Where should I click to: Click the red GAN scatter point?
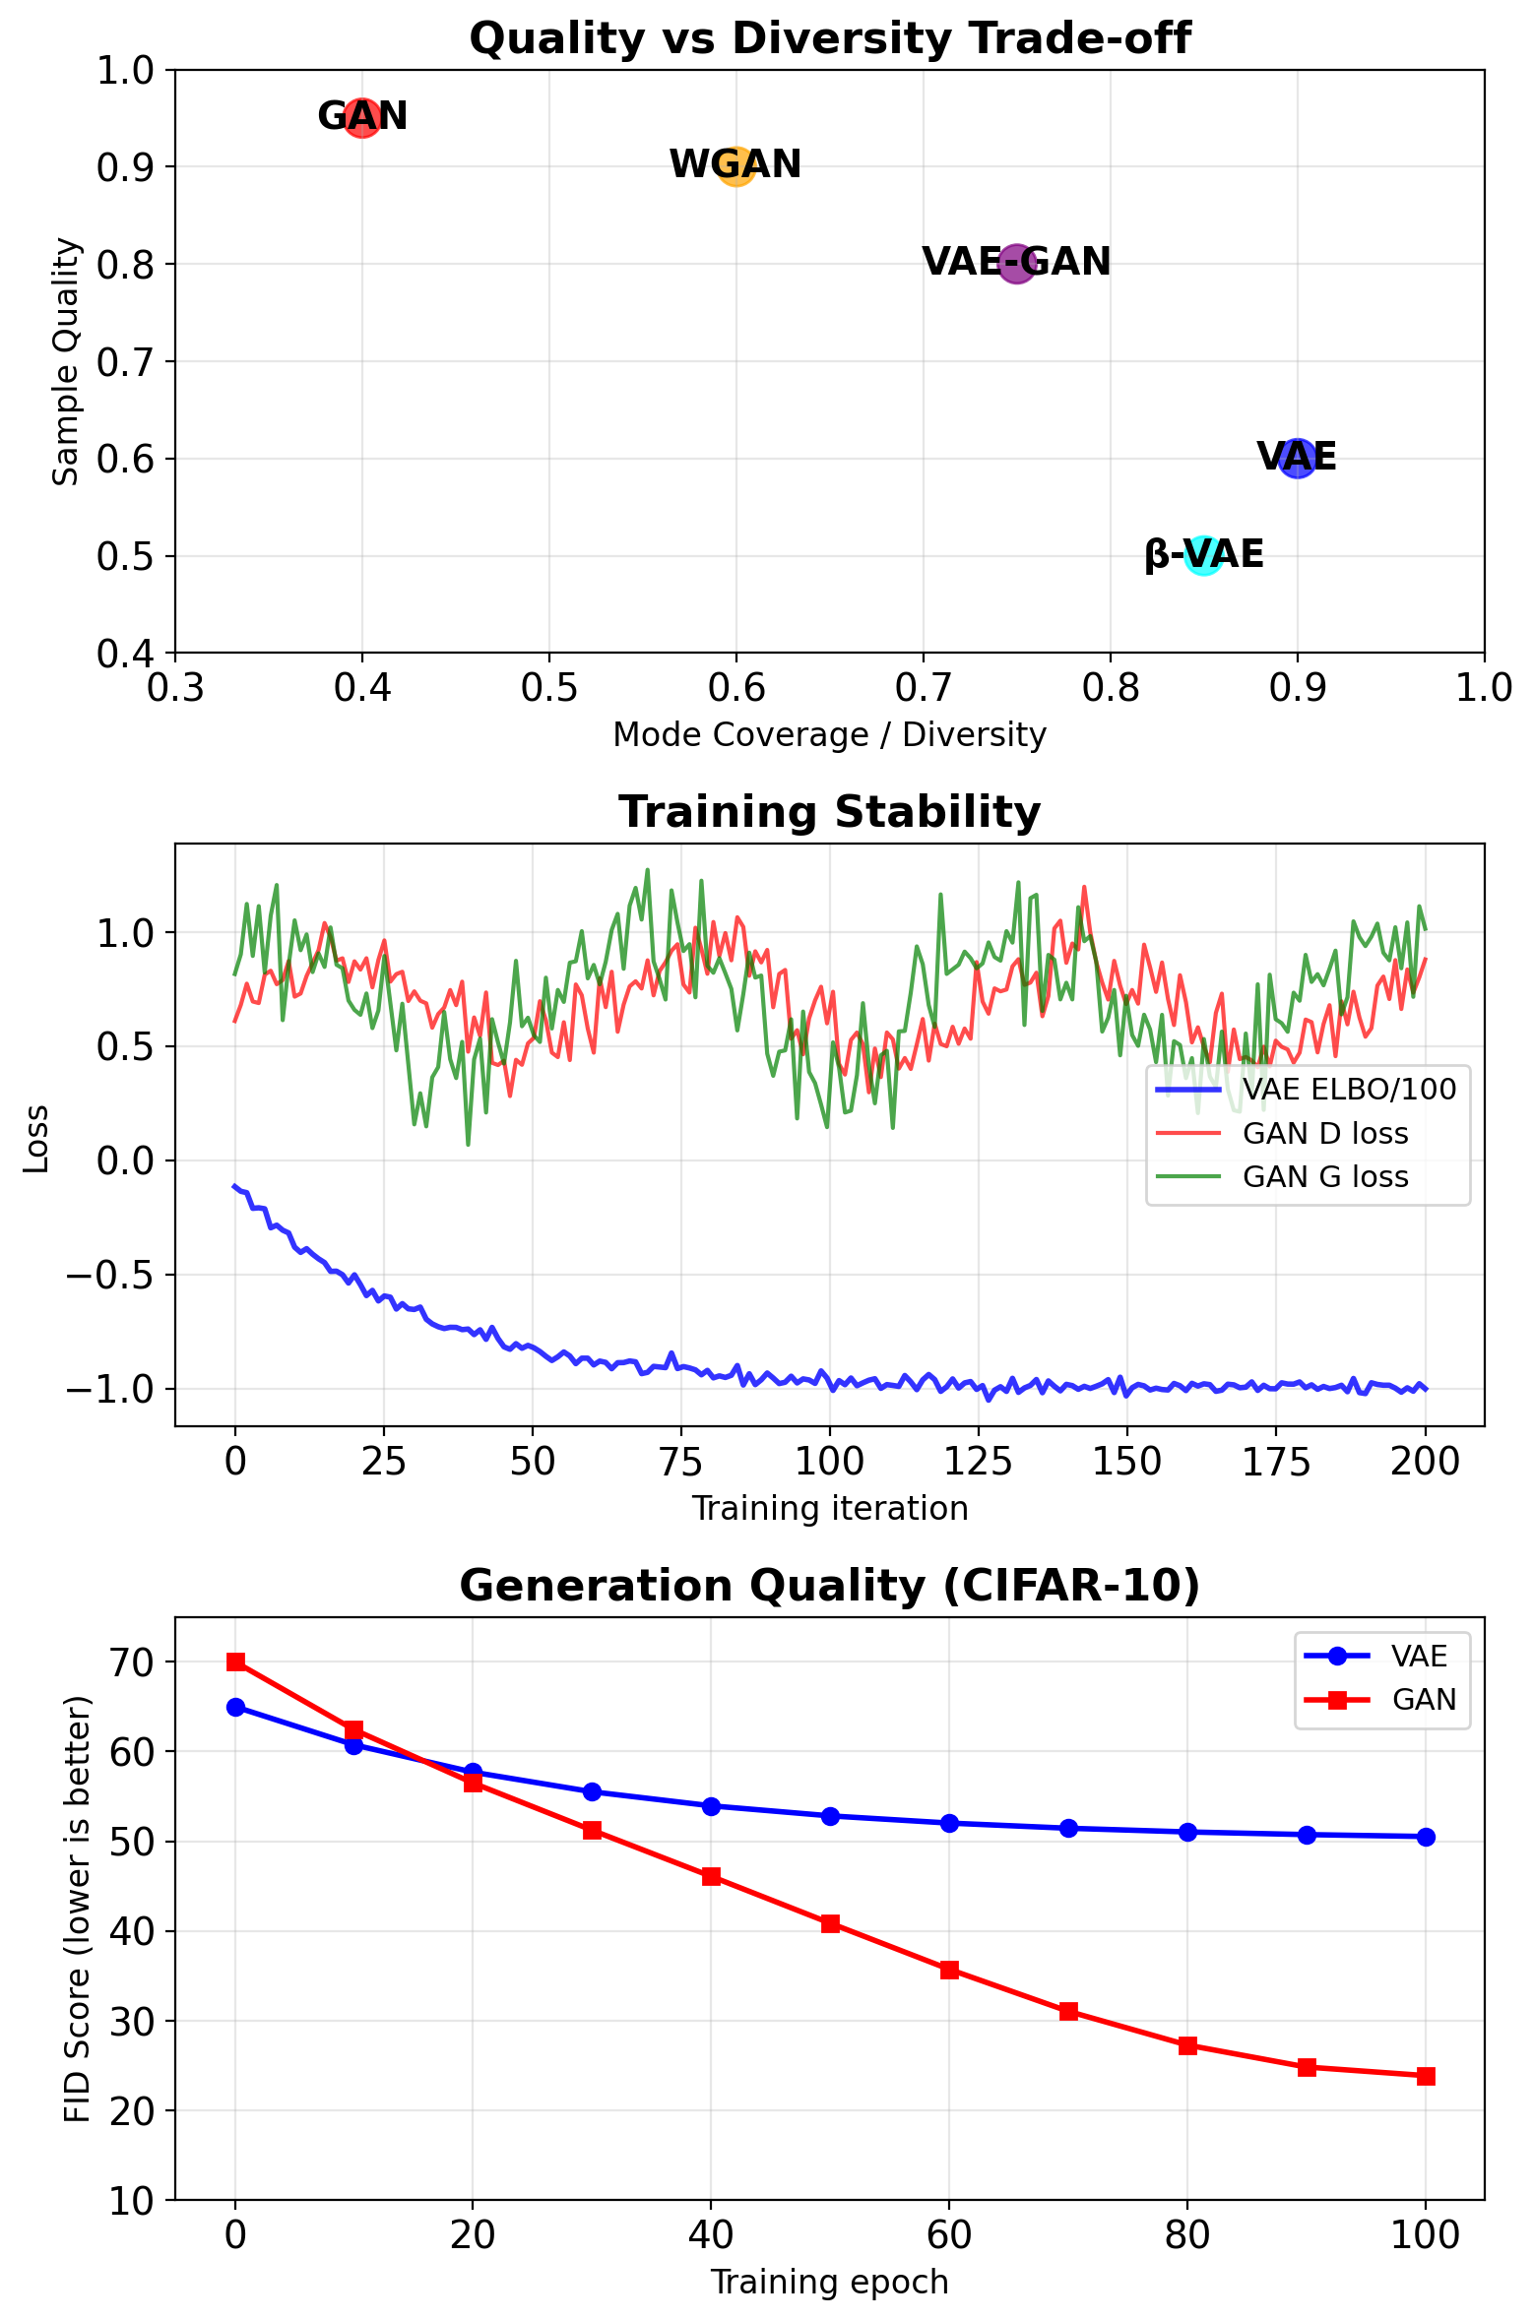click(362, 118)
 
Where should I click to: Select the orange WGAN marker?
click(736, 166)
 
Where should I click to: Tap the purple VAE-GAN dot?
click(1017, 264)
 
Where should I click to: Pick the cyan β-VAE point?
click(1203, 556)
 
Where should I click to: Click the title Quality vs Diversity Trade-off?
click(829, 39)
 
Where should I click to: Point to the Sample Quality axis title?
click(65, 361)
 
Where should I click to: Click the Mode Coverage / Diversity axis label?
click(829, 735)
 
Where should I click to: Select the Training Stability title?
click(829, 813)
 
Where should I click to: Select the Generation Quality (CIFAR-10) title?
click(829, 1587)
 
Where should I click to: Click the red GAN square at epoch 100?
click(1426, 2076)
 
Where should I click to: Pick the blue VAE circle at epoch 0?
click(235, 1707)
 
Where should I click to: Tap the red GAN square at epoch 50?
click(830, 1923)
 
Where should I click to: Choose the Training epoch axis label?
click(829, 2283)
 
